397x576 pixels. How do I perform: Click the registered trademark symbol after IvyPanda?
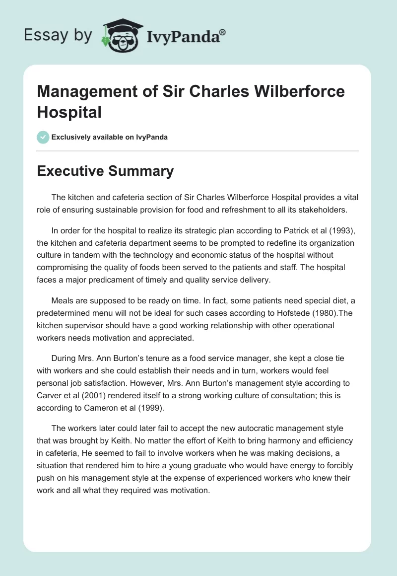click(x=223, y=32)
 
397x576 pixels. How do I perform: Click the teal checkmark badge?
click(x=43, y=137)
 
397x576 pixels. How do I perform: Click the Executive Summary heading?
click(x=105, y=171)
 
